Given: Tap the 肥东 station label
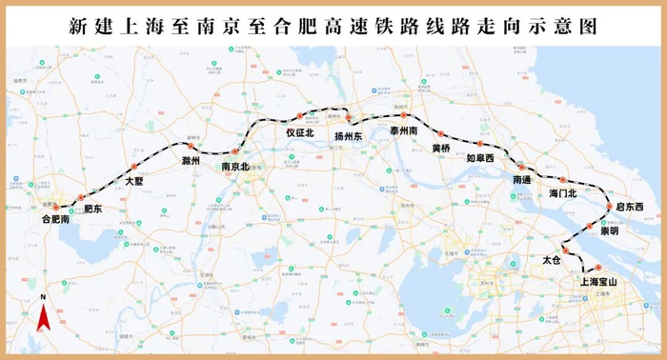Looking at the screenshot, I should click(x=92, y=208).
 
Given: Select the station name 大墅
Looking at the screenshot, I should click(x=134, y=180).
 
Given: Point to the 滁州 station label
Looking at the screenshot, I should click(x=191, y=161).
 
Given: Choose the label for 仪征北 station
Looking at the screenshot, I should click(x=300, y=133).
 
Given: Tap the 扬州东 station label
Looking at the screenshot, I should click(x=350, y=136).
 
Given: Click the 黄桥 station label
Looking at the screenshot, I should click(x=441, y=149).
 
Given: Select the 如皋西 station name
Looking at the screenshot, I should click(x=480, y=158).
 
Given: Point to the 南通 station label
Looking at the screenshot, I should click(x=521, y=179).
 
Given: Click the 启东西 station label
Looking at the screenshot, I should click(x=628, y=207).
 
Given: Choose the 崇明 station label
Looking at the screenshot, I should click(x=608, y=230).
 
